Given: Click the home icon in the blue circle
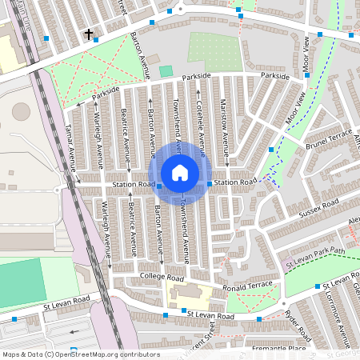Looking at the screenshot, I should click(180, 172).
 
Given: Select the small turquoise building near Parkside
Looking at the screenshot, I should click(166, 71).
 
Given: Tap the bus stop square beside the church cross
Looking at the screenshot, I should click(96, 38).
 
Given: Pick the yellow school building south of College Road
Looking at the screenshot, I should click(192, 294).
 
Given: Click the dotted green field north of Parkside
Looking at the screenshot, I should click(214, 50).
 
